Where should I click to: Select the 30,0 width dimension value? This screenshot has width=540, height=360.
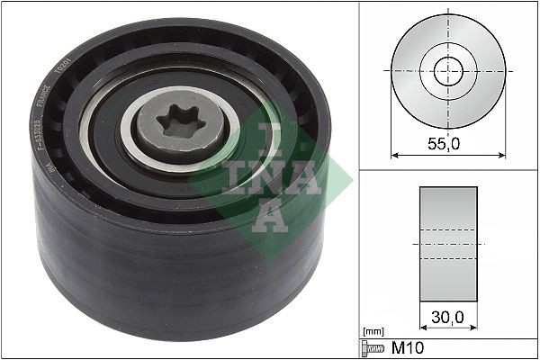click(448, 318)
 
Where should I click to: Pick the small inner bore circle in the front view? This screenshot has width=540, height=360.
click(448, 71)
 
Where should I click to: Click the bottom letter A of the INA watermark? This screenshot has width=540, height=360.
click(269, 214)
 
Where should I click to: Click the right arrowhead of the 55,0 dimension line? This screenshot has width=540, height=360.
click(500, 154)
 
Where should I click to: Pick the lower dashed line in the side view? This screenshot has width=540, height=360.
click(448, 259)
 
